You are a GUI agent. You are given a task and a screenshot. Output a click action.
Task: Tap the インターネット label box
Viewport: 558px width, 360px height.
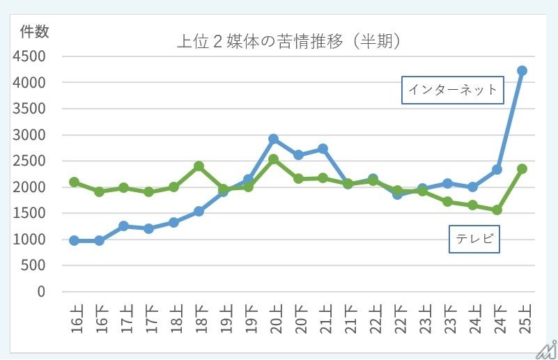point(453,90)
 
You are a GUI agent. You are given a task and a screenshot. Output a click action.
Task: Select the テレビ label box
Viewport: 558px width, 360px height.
point(474,239)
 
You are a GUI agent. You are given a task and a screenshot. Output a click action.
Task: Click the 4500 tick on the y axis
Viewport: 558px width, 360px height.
point(28,56)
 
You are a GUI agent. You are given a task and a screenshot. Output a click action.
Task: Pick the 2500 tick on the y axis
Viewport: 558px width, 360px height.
point(28,161)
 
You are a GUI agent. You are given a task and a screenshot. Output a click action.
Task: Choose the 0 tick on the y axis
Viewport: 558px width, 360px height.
point(41,292)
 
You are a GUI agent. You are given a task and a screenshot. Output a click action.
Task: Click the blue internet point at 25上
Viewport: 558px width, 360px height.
point(522,70)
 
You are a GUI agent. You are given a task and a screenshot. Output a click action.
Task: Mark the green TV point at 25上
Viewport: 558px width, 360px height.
point(522,169)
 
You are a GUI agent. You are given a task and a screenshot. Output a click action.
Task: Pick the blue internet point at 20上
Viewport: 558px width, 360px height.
point(274,139)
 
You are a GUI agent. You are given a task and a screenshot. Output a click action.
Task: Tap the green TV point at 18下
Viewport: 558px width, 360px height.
point(199,166)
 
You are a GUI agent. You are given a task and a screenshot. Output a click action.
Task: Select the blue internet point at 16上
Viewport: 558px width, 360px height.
point(75,240)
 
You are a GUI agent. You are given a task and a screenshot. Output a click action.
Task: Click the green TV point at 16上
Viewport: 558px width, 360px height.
point(75,182)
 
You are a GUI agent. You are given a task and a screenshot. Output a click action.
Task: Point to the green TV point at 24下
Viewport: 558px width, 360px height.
point(497,210)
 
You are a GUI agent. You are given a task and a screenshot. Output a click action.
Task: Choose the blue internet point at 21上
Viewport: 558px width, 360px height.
point(323,148)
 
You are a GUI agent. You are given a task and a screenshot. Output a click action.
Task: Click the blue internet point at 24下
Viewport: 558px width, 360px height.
point(497,169)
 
